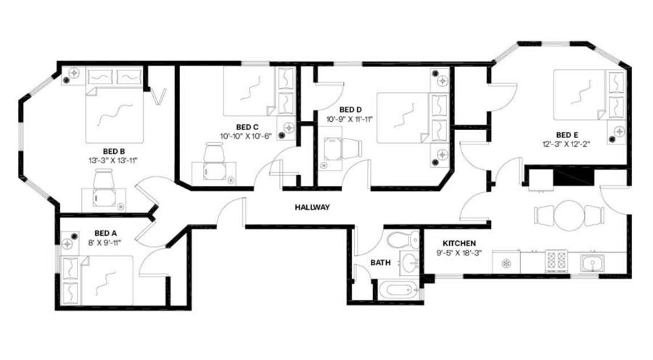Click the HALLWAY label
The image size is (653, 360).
pos(312,207)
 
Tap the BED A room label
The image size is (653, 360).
pos(105,233)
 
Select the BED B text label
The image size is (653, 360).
pos(114,151)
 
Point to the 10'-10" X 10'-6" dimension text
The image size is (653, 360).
pos(246,136)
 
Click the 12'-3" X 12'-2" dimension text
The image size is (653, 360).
pos(567,144)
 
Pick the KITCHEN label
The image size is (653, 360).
pos(459,243)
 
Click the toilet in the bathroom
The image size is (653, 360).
pos(402,240)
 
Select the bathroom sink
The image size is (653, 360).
pos(410,263)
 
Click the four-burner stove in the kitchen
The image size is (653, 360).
pos(557,262)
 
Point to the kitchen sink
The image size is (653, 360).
pos(592,263)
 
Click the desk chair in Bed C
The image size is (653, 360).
pos(214,153)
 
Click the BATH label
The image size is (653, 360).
pos(381,263)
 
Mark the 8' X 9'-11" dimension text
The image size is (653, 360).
pos(104,242)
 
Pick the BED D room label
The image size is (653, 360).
pos(350,110)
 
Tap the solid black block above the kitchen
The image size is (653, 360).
pos(572,176)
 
